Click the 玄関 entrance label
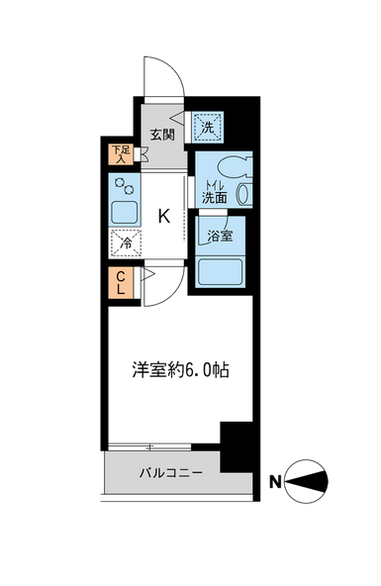point(162,135)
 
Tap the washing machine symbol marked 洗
point(207,127)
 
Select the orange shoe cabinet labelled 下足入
point(121,154)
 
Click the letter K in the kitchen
point(164,216)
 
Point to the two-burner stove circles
point(125,186)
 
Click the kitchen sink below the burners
point(125,213)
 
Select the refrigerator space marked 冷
point(125,244)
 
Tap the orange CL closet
point(121,283)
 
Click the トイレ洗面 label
point(215,192)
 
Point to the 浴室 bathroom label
point(221,236)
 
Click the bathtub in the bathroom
point(221,271)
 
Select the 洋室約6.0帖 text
point(180,370)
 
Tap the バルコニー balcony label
point(171,473)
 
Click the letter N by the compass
point(275,482)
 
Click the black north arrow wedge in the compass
point(309,482)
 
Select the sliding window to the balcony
point(149,446)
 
